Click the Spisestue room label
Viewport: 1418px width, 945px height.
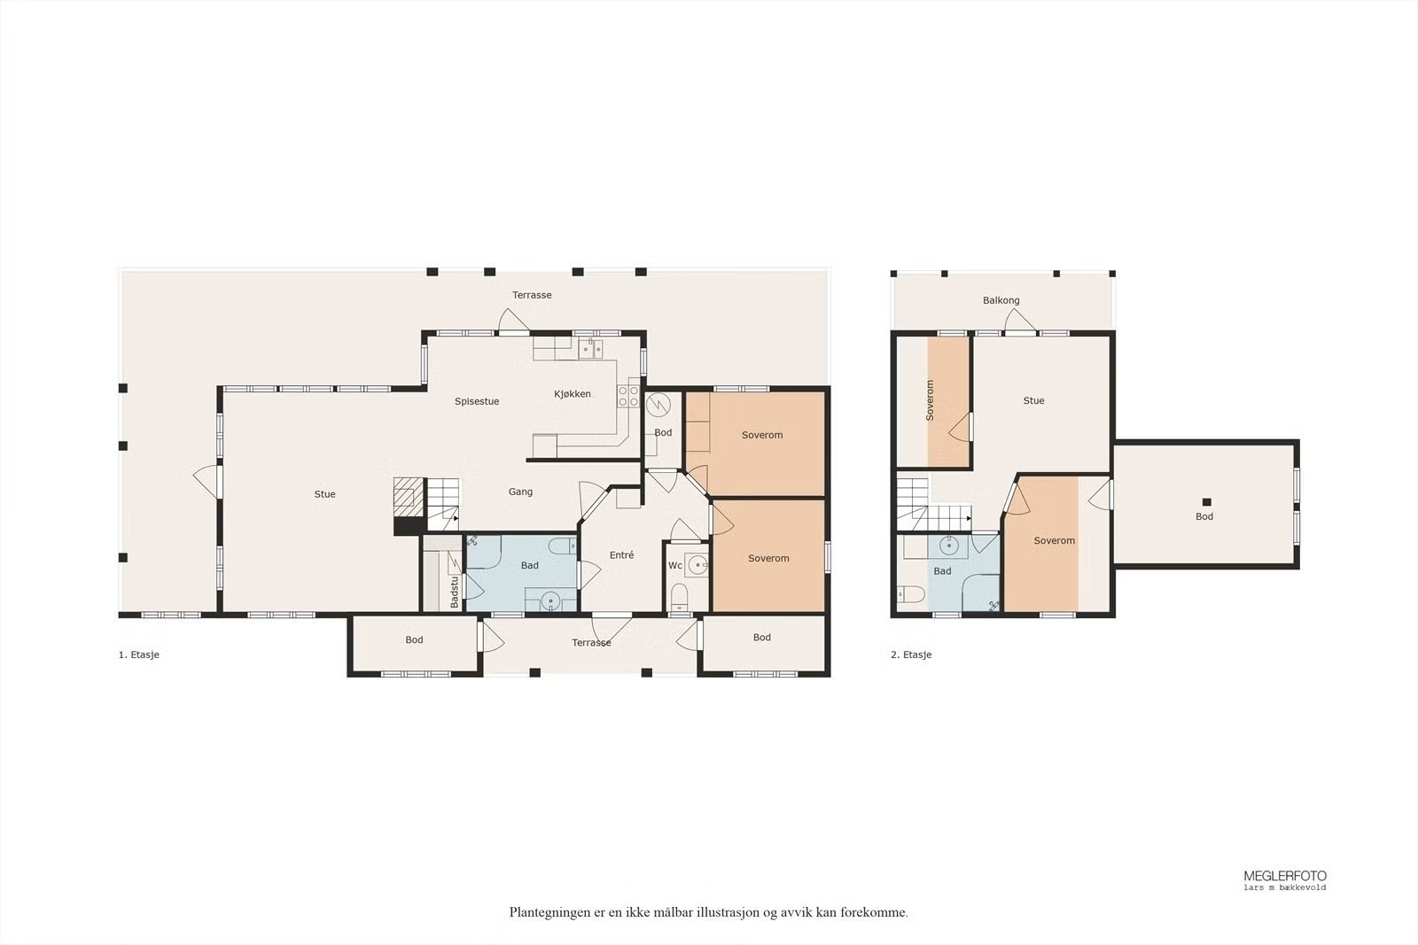click(x=477, y=402)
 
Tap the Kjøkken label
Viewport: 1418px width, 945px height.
click(x=573, y=394)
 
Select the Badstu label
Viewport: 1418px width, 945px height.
click(x=454, y=592)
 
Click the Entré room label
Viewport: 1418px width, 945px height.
click(x=621, y=554)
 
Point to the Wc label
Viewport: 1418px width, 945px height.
click(x=674, y=565)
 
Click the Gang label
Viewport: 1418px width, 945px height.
click(x=520, y=492)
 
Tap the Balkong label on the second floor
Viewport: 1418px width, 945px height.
click(x=1001, y=300)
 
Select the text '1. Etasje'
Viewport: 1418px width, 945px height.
click(x=138, y=655)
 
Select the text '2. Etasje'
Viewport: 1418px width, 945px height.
click(x=911, y=655)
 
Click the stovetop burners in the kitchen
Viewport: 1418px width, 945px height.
click(x=628, y=396)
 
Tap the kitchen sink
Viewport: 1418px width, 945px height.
click(x=590, y=348)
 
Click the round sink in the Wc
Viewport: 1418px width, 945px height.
click(x=697, y=563)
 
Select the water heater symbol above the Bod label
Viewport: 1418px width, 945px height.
click(x=658, y=404)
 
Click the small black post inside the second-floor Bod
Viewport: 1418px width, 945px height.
click(x=1206, y=502)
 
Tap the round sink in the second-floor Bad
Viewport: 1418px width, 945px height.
click(x=948, y=546)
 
